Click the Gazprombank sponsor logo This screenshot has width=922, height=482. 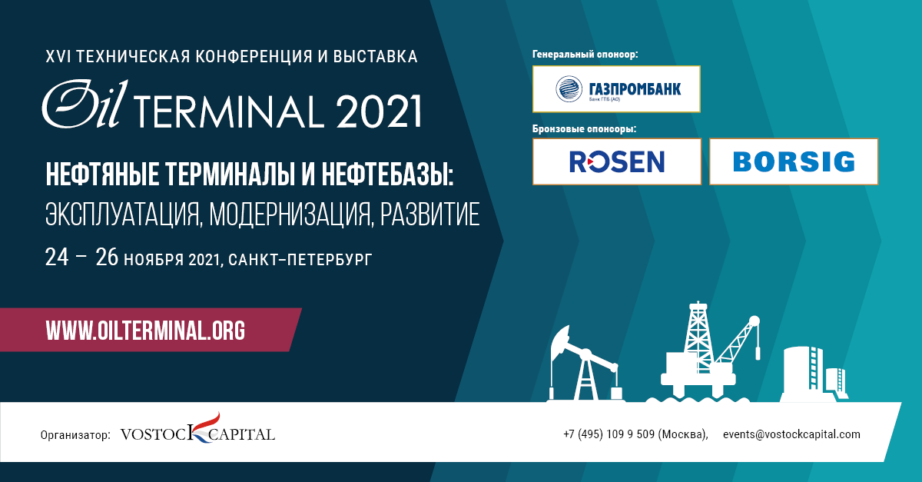[616, 89]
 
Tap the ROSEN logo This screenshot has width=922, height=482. [616, 161]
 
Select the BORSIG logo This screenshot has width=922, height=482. [794, 161]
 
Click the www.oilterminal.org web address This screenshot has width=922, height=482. [145, 330]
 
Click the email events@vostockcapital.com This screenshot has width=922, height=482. [791, 434]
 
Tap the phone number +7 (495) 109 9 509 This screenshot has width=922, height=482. [609, 434]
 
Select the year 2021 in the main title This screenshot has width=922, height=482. [379, 111]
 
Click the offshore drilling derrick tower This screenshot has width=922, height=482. [698, 337]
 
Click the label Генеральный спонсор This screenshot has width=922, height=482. [585, 55]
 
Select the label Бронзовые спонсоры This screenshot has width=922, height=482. [584, 129]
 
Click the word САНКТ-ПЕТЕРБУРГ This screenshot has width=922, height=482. [300, 260]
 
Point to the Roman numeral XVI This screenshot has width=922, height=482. [57, 56]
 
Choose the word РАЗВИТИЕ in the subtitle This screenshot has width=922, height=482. [429, 214]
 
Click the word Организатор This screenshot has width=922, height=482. [75, 435]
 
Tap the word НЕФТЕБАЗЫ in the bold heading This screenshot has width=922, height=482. [387, 175]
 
